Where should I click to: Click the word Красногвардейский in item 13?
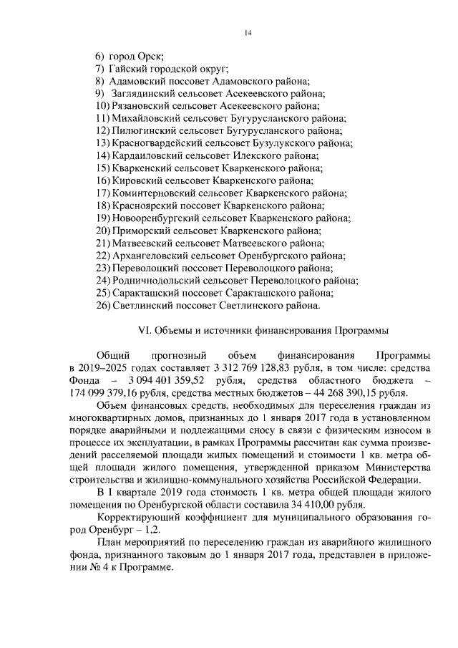[157, 143]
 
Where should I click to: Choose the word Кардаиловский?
[147, 155]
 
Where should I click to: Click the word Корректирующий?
[137, 517]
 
